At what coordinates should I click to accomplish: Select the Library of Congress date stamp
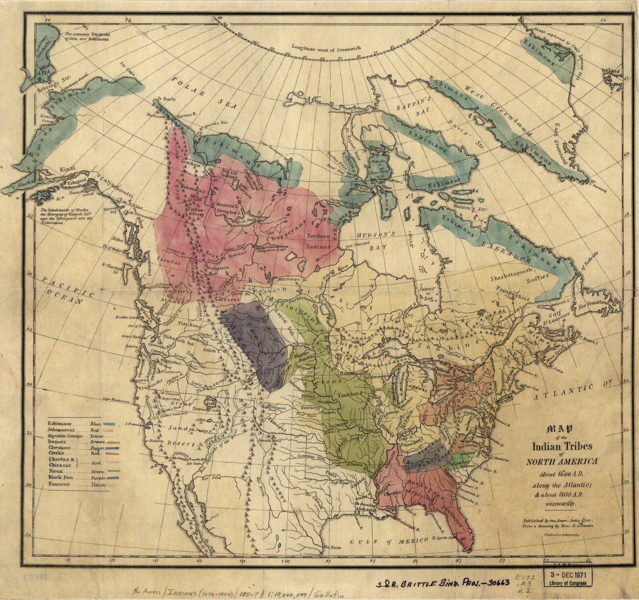point(568,575)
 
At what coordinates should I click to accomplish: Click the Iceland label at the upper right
point(611,72)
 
